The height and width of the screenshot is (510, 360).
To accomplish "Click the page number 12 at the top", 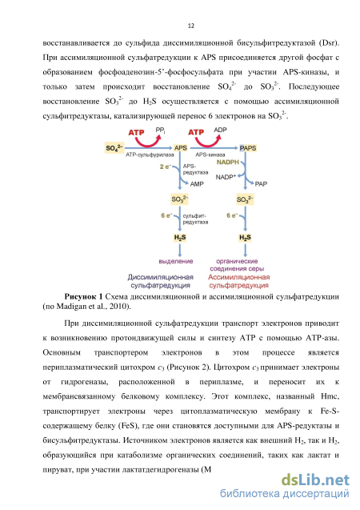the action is [x=191, y=26].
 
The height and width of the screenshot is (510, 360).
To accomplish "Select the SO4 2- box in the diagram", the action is [x=114, y=148].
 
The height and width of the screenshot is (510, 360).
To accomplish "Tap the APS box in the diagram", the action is [x=181, y=148].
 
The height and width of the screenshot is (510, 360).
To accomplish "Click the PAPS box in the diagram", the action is [x=248, y=148].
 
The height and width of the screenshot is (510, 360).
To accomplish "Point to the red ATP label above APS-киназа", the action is [x=196, y=132].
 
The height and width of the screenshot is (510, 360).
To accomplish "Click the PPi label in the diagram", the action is [x=160, y=130].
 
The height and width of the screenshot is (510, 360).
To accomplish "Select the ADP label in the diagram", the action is [x=220, y=130].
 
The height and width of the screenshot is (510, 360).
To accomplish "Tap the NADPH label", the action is [x=228, y=162].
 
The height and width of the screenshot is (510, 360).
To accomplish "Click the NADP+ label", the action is [x=226, y=177].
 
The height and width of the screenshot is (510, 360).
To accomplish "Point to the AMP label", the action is [x=197, y=184].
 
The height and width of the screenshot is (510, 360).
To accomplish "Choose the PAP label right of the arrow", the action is [x=261, y=184].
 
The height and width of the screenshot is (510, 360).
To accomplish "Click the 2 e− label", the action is [x=166, y=167].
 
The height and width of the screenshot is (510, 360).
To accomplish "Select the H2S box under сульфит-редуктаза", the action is [x=180, y=238].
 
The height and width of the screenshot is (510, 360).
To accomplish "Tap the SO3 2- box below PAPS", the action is [x=245, y=199].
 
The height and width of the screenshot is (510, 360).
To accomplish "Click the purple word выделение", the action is [x=176, y=261].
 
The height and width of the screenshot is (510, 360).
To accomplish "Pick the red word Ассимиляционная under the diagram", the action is [x=239, y=277].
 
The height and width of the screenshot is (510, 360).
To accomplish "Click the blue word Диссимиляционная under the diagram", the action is [x=160, y=277].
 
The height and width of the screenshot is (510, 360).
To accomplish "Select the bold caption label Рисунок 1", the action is [x=83, y=296].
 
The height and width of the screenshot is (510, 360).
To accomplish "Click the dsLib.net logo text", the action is [x=315, y=480].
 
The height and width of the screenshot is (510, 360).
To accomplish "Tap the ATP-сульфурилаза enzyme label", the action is [x=150, y=155].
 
